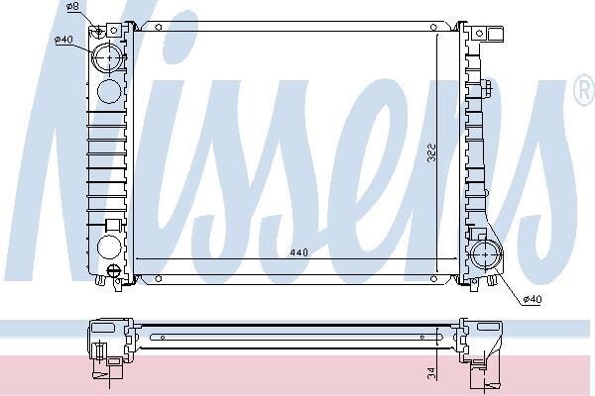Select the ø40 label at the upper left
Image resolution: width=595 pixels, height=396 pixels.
63,39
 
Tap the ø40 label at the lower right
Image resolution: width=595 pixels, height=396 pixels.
533,299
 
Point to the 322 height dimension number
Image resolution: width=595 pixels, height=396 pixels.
431,152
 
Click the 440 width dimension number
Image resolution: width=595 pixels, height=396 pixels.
299,252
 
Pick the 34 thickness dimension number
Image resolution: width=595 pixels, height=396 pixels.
431,373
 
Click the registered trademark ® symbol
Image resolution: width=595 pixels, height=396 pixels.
584,90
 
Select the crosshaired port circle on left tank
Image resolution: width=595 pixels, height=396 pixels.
109,58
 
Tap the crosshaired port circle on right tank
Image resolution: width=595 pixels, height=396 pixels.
486,254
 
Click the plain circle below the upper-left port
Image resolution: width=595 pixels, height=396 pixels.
109,91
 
